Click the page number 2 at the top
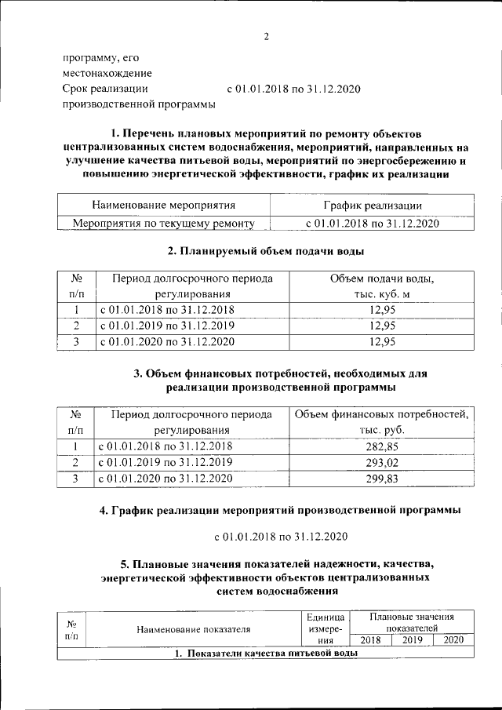tap(266, 37)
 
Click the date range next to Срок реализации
tap(293, 89)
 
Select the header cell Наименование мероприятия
tap(164, 206)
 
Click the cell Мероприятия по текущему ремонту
tap(164, 224)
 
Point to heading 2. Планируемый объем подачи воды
tap(266, 251)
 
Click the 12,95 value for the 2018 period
tap(380, 309)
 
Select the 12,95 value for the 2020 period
tap(380, 341)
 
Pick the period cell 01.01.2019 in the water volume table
tap(166, 326)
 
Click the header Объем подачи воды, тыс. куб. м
tap(380, 286)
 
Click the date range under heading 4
tap(281, 537)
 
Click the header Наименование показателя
tap(193, 629)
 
